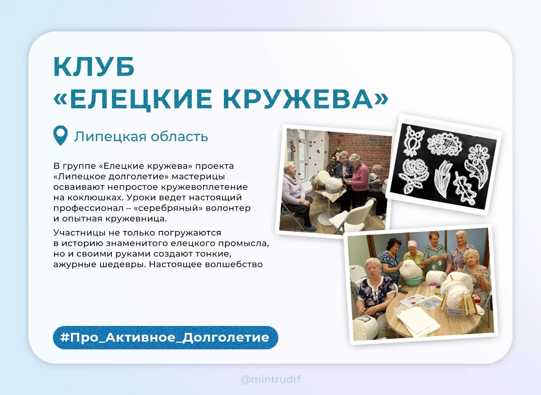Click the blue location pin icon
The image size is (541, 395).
60,135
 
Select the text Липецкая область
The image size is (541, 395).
141,136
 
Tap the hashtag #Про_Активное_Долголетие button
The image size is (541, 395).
165,338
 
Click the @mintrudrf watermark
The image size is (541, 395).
270,379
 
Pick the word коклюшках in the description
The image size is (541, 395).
94,197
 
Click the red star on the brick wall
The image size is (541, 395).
339,141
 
